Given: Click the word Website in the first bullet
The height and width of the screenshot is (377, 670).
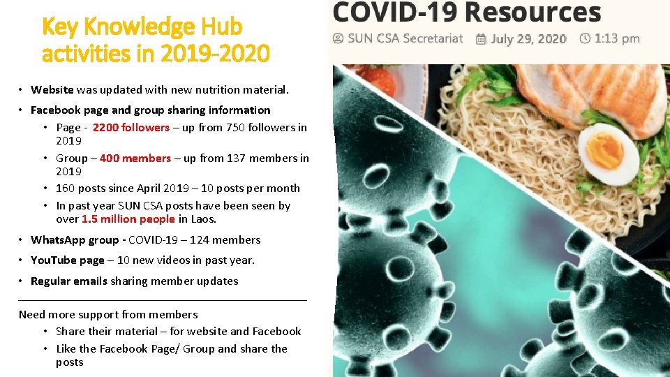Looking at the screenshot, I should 52,89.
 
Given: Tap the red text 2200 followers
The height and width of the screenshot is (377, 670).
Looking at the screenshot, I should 131,127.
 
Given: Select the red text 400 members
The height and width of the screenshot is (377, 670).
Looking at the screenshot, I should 135,158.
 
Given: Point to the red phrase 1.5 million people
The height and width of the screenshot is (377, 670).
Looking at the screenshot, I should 128,219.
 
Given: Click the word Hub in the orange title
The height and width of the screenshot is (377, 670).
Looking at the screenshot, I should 218,27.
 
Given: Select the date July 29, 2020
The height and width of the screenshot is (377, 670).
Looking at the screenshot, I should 528,38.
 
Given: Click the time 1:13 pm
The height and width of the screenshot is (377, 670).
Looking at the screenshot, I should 617,38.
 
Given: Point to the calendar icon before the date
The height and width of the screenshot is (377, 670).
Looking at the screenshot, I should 481,39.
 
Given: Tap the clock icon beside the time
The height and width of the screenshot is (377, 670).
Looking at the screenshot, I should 585,38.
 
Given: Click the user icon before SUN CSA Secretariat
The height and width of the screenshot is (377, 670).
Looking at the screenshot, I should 338,38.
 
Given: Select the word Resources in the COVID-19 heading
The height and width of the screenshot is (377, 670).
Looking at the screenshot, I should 533,13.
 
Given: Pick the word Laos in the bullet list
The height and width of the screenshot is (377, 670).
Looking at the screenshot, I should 202,219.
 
